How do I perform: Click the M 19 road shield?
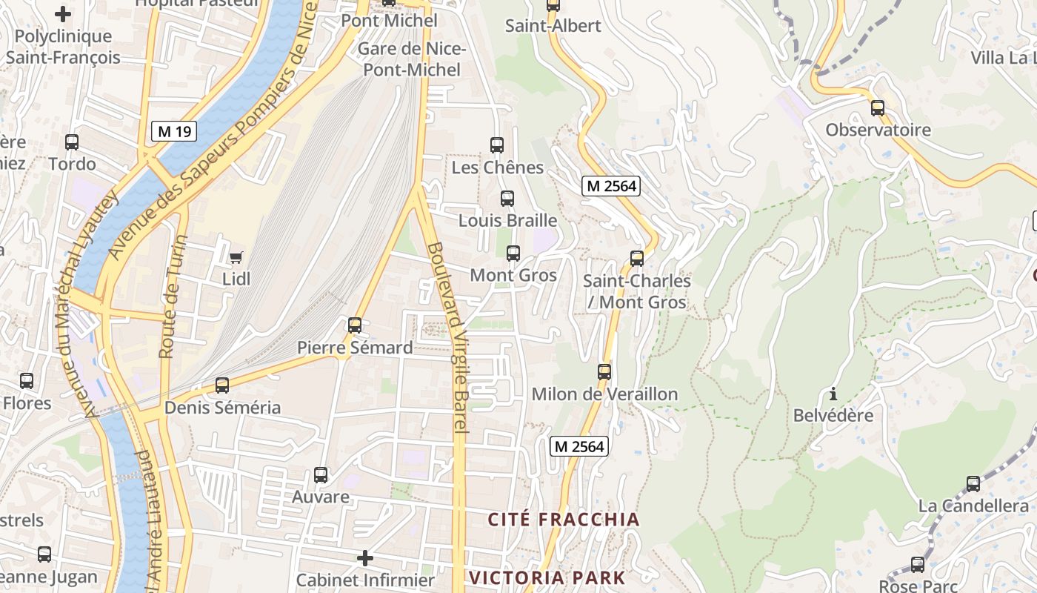point(175,131)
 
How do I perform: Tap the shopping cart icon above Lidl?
point(236,257)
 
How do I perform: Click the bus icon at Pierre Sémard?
point(355,325)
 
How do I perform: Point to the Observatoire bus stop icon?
point(878,108)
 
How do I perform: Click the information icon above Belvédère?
point(833,394)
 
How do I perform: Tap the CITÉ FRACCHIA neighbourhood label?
point(563,519)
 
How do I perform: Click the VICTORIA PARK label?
point(547,577)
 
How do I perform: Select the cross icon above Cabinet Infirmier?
point(365,557)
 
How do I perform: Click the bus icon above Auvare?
point(321,474)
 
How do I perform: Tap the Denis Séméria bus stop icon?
point(222,385)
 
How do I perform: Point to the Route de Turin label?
point(172,296)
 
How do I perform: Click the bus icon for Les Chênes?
point(497,145)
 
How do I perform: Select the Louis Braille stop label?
point(507,220)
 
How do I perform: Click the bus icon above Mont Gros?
point(513,254)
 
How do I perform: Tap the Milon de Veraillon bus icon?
point(604,371)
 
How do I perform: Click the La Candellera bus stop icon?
point(973,484)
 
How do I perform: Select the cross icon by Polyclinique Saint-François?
point(63,13)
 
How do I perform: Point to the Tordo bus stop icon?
point(72,142)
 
